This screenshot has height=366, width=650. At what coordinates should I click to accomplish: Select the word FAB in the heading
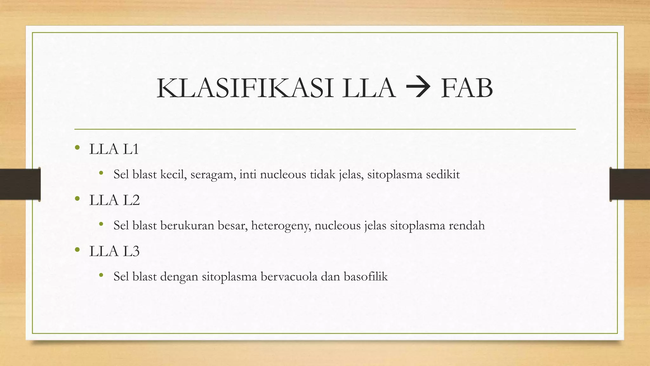467,88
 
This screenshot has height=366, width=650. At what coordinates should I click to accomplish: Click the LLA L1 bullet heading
114,149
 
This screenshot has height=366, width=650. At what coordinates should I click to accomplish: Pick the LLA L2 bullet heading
114,200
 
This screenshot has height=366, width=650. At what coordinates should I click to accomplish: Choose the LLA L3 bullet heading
114,251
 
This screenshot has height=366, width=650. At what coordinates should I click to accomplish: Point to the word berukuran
185,226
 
